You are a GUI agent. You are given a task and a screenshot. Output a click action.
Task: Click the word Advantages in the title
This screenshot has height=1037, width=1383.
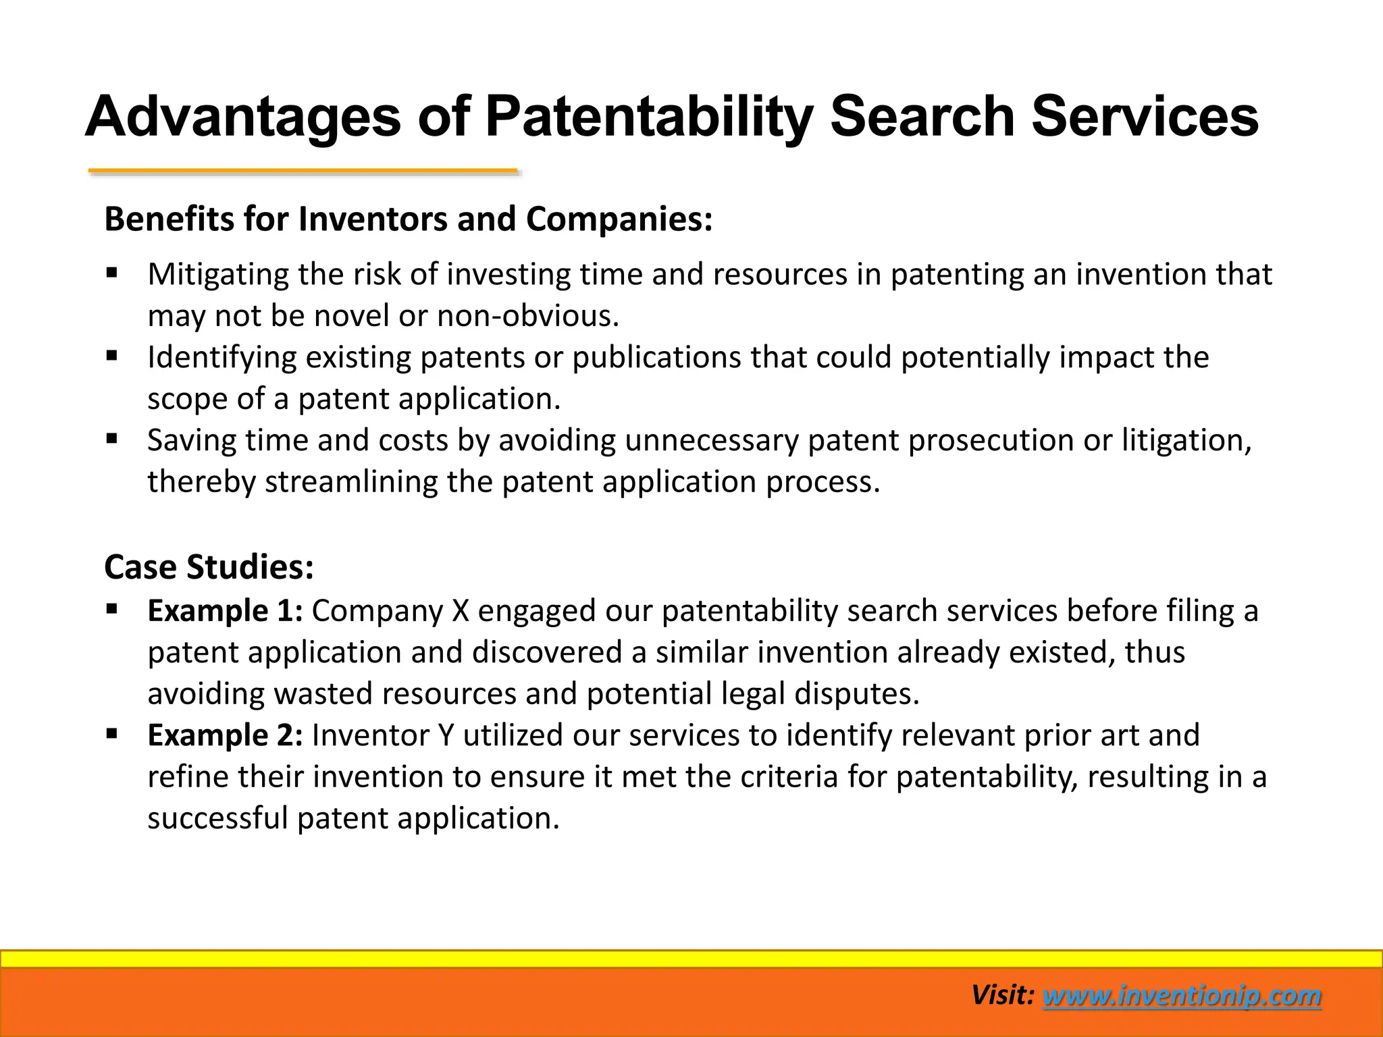243,117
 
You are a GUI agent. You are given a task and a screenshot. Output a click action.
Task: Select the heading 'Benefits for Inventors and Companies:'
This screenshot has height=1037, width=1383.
408,219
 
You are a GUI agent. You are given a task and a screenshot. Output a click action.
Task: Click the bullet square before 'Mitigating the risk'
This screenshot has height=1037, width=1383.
112,273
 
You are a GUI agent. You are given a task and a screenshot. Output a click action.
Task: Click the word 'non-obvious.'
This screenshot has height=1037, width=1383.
528,316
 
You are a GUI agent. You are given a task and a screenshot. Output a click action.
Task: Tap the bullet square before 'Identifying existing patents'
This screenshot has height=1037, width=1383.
112,356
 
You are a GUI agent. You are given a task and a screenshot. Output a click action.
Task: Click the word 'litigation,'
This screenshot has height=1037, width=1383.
1186,440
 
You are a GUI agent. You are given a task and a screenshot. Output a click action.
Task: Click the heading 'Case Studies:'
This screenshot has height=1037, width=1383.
209,567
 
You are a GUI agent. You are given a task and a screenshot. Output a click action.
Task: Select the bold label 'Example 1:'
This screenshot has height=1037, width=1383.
225,611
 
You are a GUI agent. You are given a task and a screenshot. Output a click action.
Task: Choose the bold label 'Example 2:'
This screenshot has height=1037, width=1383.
225,735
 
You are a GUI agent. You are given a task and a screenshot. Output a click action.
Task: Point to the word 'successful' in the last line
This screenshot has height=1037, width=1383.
217,818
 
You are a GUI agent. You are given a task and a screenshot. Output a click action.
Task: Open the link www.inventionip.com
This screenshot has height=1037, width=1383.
1182,996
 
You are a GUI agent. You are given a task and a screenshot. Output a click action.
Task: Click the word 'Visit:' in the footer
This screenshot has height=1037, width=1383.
1002,995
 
